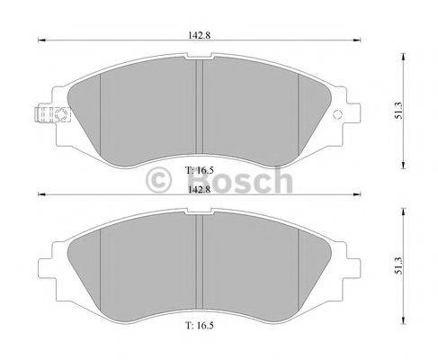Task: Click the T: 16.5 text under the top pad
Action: click(198, 168)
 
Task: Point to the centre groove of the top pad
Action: click(199, 108)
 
